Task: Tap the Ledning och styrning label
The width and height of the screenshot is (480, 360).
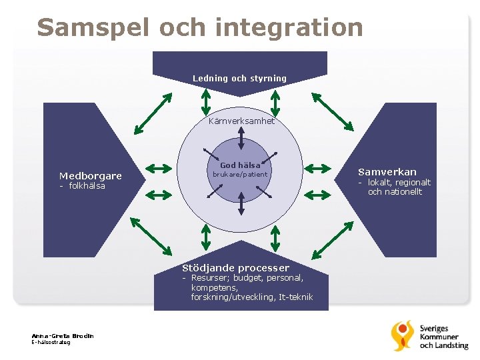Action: [239, 79]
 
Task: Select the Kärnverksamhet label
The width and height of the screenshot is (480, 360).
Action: [241, 121]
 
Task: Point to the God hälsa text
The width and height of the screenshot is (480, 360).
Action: [240, 165]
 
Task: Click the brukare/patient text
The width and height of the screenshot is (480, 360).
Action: [239, 175]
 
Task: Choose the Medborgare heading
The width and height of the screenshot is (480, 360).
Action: [91, 176]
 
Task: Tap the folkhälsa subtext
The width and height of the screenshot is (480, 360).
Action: [87, 186]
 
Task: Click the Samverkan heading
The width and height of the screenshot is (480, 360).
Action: [387, 172]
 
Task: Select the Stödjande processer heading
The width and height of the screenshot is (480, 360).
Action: [236, 268]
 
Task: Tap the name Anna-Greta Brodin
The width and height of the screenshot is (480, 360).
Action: [63, 335]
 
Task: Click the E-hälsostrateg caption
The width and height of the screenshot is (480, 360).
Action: [51, 342]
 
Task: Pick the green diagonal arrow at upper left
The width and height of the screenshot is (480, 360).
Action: [153, 113]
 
